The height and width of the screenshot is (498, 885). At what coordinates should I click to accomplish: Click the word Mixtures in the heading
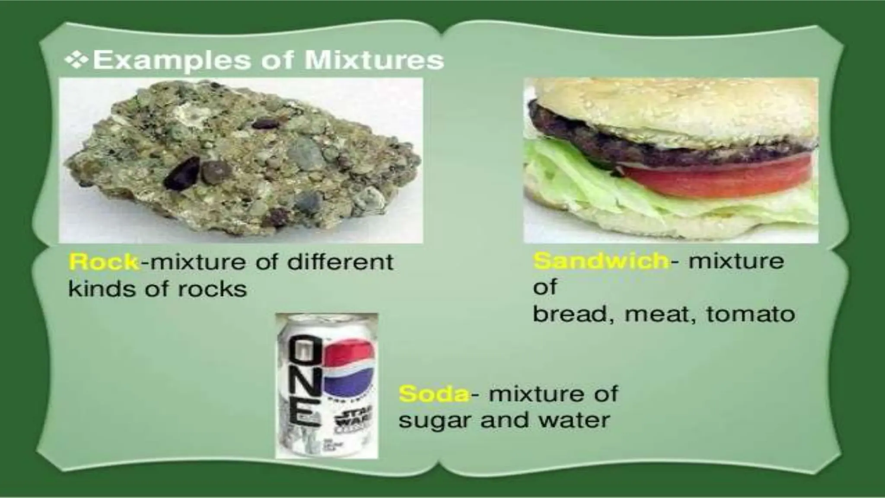tap(374, 60)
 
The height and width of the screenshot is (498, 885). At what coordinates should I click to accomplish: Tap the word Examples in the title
tap(172, 60)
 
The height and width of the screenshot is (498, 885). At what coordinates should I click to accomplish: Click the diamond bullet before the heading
tap(76, 60)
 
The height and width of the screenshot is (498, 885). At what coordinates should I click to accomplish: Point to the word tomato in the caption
tap(751, 314)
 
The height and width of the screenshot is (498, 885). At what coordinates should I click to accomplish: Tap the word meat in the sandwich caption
tap(657, 314)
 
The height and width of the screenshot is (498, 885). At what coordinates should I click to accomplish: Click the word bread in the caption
tap(571, 314)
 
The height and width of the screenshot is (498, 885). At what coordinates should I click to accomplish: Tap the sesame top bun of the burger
tap(674, 99)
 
